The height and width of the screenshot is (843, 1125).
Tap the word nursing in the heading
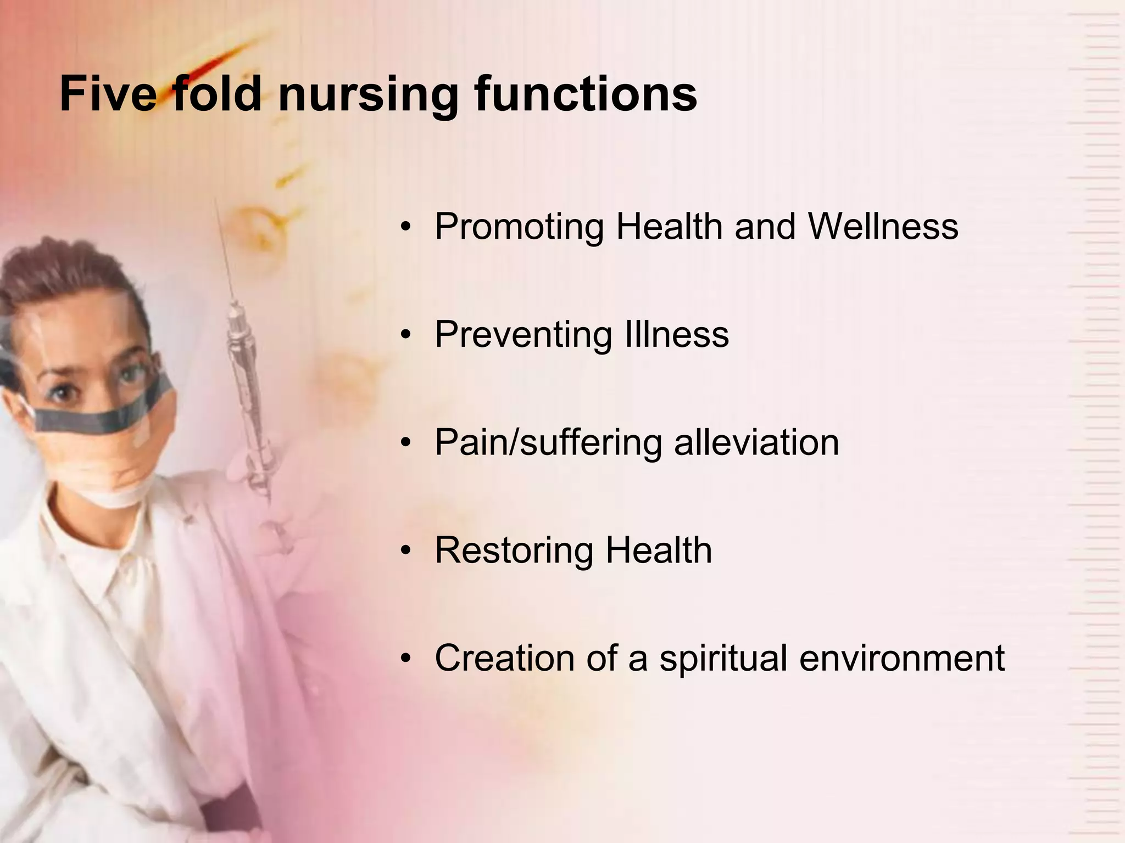368,94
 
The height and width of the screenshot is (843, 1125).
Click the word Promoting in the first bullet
519,226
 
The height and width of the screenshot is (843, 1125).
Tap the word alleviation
756,442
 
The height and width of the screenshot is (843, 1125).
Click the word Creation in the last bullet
504,657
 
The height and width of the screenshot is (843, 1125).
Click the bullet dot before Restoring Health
405,551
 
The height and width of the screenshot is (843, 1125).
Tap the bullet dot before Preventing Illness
405,335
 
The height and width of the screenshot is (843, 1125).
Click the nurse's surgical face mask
110,439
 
